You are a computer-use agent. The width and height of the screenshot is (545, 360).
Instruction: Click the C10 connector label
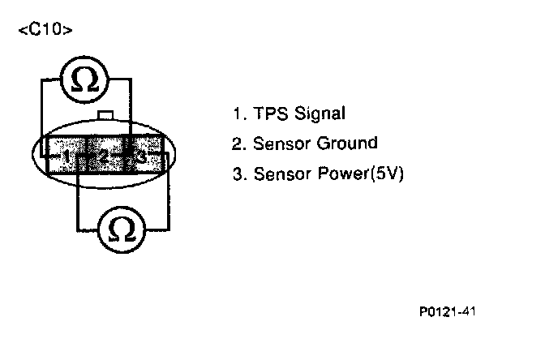[x=45, y=30]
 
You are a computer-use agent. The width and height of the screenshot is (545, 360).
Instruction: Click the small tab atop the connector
[x=105, y=116]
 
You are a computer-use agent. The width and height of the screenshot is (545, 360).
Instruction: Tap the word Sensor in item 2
[x=277, y=144]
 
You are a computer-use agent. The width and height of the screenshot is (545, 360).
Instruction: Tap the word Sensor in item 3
[x=277, y=174]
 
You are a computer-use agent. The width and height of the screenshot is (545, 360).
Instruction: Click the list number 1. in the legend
[x=237, y=114]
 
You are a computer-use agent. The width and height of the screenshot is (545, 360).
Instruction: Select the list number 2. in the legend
[x=237, y=144]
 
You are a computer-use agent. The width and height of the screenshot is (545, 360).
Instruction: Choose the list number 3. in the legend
[x=237, y=174]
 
